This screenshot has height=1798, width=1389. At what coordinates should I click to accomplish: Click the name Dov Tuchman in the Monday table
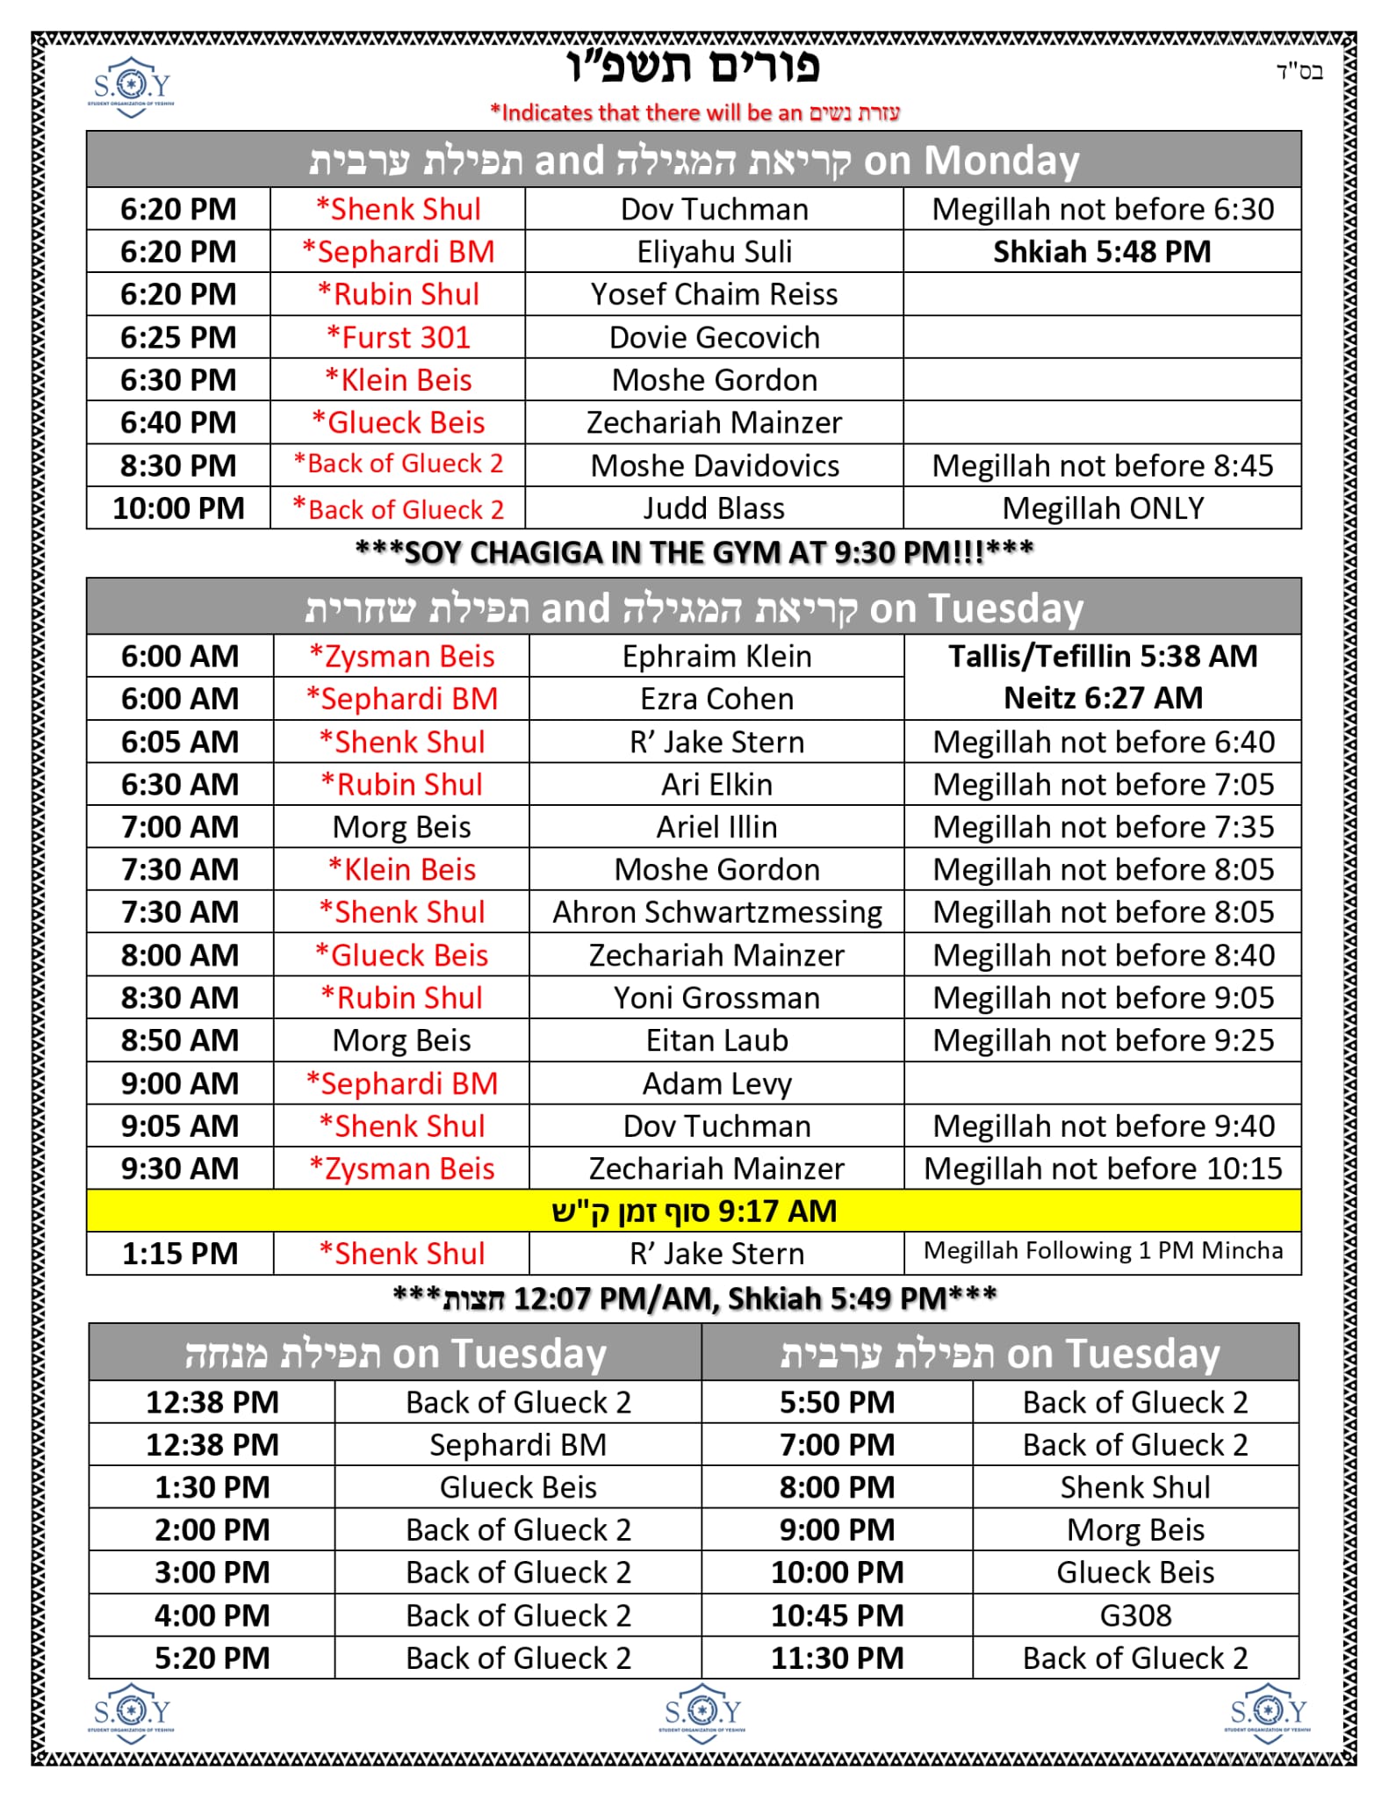714,209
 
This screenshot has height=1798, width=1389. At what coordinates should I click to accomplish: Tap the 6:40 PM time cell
178,422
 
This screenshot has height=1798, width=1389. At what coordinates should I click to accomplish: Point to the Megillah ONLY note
1102,508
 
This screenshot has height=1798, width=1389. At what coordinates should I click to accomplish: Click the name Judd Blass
714,508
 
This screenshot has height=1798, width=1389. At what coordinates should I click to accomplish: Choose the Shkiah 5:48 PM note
1102,252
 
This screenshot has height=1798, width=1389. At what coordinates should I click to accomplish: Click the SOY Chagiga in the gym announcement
694,552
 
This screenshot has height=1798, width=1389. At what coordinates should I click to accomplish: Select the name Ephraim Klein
716,656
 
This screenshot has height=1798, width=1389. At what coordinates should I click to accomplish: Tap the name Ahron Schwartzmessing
716,912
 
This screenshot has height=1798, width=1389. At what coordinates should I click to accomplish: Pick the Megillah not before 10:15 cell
1103,1169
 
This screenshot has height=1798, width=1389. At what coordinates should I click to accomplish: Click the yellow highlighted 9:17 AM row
694,1211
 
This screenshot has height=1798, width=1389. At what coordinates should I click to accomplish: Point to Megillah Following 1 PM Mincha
1103,1250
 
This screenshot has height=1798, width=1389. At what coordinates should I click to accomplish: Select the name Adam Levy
716,1083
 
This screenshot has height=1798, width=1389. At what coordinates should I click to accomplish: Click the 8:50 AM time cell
180,1040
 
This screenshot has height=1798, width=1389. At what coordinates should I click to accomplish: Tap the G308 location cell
1135,1615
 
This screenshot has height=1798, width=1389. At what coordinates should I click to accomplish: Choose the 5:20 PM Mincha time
212,1658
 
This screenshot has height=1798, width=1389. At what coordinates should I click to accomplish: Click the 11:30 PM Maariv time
837,1658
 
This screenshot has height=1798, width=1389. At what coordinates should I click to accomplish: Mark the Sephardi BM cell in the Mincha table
518,1445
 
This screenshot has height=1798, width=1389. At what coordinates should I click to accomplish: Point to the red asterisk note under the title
694,112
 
